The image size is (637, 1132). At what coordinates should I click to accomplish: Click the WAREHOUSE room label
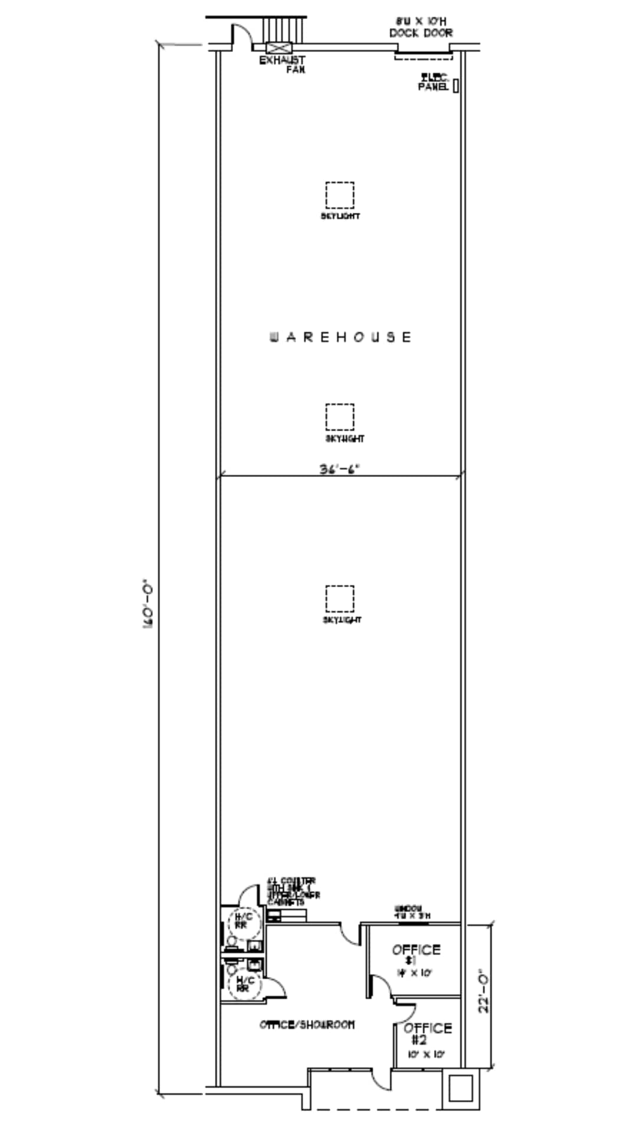[x=340, y=337]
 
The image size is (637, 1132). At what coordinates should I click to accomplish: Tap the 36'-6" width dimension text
[x=339, y=469]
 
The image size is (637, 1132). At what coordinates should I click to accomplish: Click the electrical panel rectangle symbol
[x=456, y=85]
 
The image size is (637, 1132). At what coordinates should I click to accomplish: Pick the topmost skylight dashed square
[x=340, y=195]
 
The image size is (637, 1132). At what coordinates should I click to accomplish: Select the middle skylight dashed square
[x=340, y=417]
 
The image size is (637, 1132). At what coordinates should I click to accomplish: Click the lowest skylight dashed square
[x=340, y=599]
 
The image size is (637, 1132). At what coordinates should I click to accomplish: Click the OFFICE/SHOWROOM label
[x=307, y=1025]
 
